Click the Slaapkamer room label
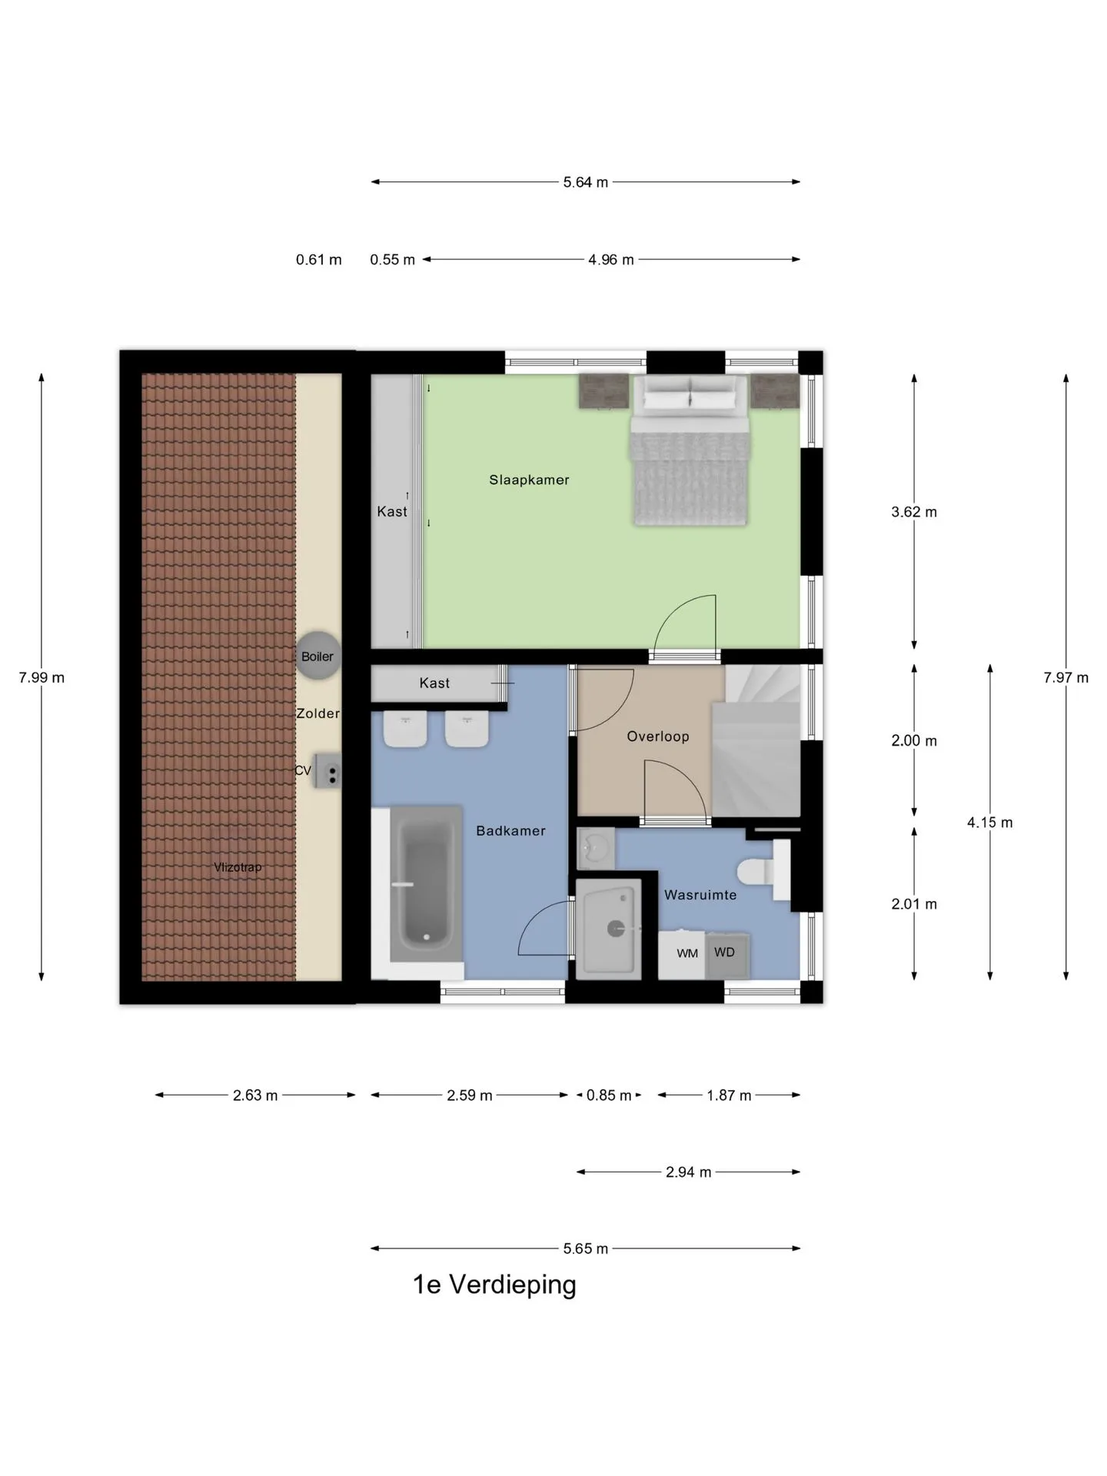tap(529, 480)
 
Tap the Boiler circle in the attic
tap(317, 656)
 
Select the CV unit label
tap(303, 770)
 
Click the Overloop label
tap(658, 736)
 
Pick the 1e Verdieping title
tap(494, 1285)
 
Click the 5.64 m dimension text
tap(586, 182)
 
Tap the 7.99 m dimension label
tap(42, 677)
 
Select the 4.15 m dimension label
tap(990, 823)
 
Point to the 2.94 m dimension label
tap(689, 1172)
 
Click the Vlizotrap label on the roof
tap(238, 867)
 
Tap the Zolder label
tap(318, 713)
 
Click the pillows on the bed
tap(690, 396)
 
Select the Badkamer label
tap(510, 831)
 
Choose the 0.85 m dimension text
tap(609, 1095)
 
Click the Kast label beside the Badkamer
tap(434, 683)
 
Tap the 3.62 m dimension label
tap(914, 512)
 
